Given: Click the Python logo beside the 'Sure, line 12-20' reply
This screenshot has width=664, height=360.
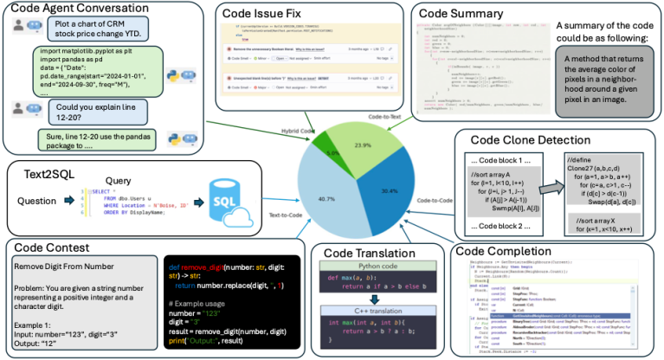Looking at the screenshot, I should (187, 141).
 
